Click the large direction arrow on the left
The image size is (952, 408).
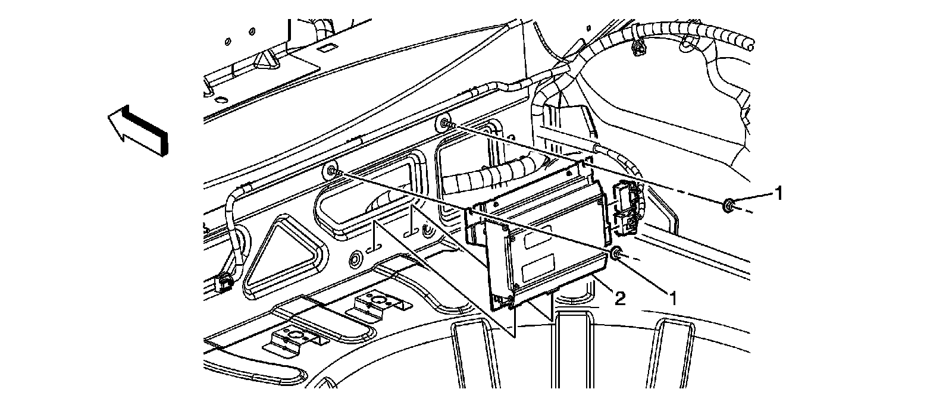137,130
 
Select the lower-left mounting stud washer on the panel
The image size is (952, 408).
331,172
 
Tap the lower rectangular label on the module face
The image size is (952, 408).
538,272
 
